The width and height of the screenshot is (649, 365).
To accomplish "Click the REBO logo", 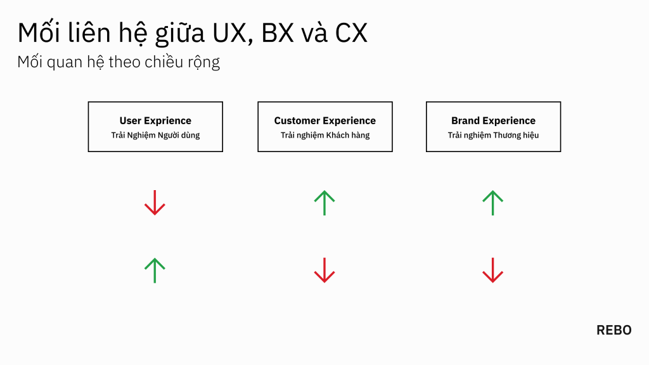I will [614, 330].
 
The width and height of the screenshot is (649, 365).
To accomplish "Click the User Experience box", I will [155, 127].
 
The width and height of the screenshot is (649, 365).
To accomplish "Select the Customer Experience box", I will [324, 127].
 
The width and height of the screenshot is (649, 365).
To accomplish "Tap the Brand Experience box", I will [493, 127].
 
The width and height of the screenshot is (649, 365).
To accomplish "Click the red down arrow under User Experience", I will [155, 203].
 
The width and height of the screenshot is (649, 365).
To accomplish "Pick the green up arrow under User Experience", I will [155, 270].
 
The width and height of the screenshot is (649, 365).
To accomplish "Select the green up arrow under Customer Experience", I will [324, 203].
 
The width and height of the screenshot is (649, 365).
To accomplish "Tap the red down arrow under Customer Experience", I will [324, 270].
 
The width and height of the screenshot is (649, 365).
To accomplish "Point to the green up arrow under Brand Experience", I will [492, 203].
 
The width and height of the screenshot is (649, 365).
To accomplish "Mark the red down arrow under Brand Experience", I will [492, 270].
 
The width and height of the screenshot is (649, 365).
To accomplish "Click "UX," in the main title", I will [228, 33].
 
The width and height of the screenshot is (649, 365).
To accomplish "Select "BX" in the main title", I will [278, 33].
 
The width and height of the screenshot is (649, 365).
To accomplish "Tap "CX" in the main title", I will [351, 33].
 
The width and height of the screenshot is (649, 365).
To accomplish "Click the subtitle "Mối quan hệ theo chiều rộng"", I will [119, 63].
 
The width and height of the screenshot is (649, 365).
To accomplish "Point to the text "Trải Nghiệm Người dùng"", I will [155, 136].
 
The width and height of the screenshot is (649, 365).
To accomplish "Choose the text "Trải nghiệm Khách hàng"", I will [324, 136].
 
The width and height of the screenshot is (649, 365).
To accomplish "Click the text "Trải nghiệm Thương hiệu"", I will [493, 136].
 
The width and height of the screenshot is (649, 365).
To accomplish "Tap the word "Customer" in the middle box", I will [297, 120].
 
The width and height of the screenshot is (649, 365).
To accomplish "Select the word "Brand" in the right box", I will [465, 120].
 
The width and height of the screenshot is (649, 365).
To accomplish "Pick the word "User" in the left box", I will [130, 120].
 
